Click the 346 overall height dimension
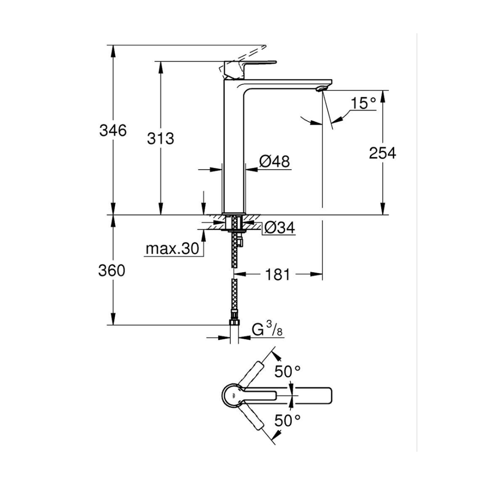point(113,130)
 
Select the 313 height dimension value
point(161,139)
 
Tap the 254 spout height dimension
point(382,153)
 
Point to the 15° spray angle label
point(363,103)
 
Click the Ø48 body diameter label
point(275,161)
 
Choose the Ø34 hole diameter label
point(280,228)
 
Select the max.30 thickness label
point(172,248)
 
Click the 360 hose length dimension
point(112,271)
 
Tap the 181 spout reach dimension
point(278,275)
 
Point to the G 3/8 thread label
point(267,330)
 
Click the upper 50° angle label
point(288,372)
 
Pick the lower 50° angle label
point(288,420)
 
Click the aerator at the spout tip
point(321,89)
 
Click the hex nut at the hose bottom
point(234,323)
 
